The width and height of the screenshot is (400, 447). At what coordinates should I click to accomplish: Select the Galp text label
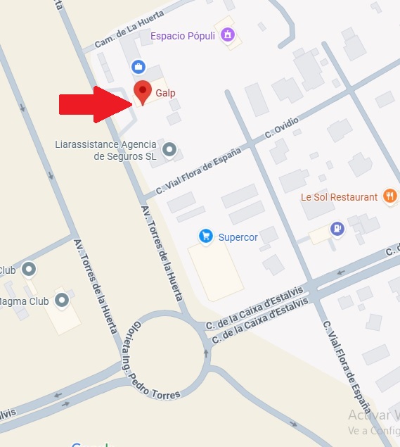pos(165,93)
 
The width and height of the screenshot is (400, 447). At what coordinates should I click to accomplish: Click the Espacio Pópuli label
pos(183,35)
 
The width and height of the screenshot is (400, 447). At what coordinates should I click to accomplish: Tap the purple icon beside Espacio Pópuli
pos(226,34)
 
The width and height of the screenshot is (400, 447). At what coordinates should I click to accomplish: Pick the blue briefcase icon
pos(138,67)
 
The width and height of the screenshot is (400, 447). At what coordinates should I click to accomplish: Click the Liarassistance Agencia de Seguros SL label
pos(105,151)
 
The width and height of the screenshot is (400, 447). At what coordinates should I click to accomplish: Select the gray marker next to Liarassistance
pos(169,149)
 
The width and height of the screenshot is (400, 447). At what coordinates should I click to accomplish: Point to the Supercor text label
pos(238,237)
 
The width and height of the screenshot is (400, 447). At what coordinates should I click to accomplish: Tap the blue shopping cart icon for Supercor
pos(205,236)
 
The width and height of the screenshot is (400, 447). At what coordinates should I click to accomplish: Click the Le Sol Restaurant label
pos(339,197)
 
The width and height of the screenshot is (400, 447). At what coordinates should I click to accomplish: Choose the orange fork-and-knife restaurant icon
pos(390,196)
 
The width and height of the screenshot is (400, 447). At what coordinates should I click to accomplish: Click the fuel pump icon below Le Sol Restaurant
pos(338,229)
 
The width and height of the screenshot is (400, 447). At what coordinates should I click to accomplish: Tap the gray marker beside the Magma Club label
pos(62,301)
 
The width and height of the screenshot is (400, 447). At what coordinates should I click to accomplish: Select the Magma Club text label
pos(25,301)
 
